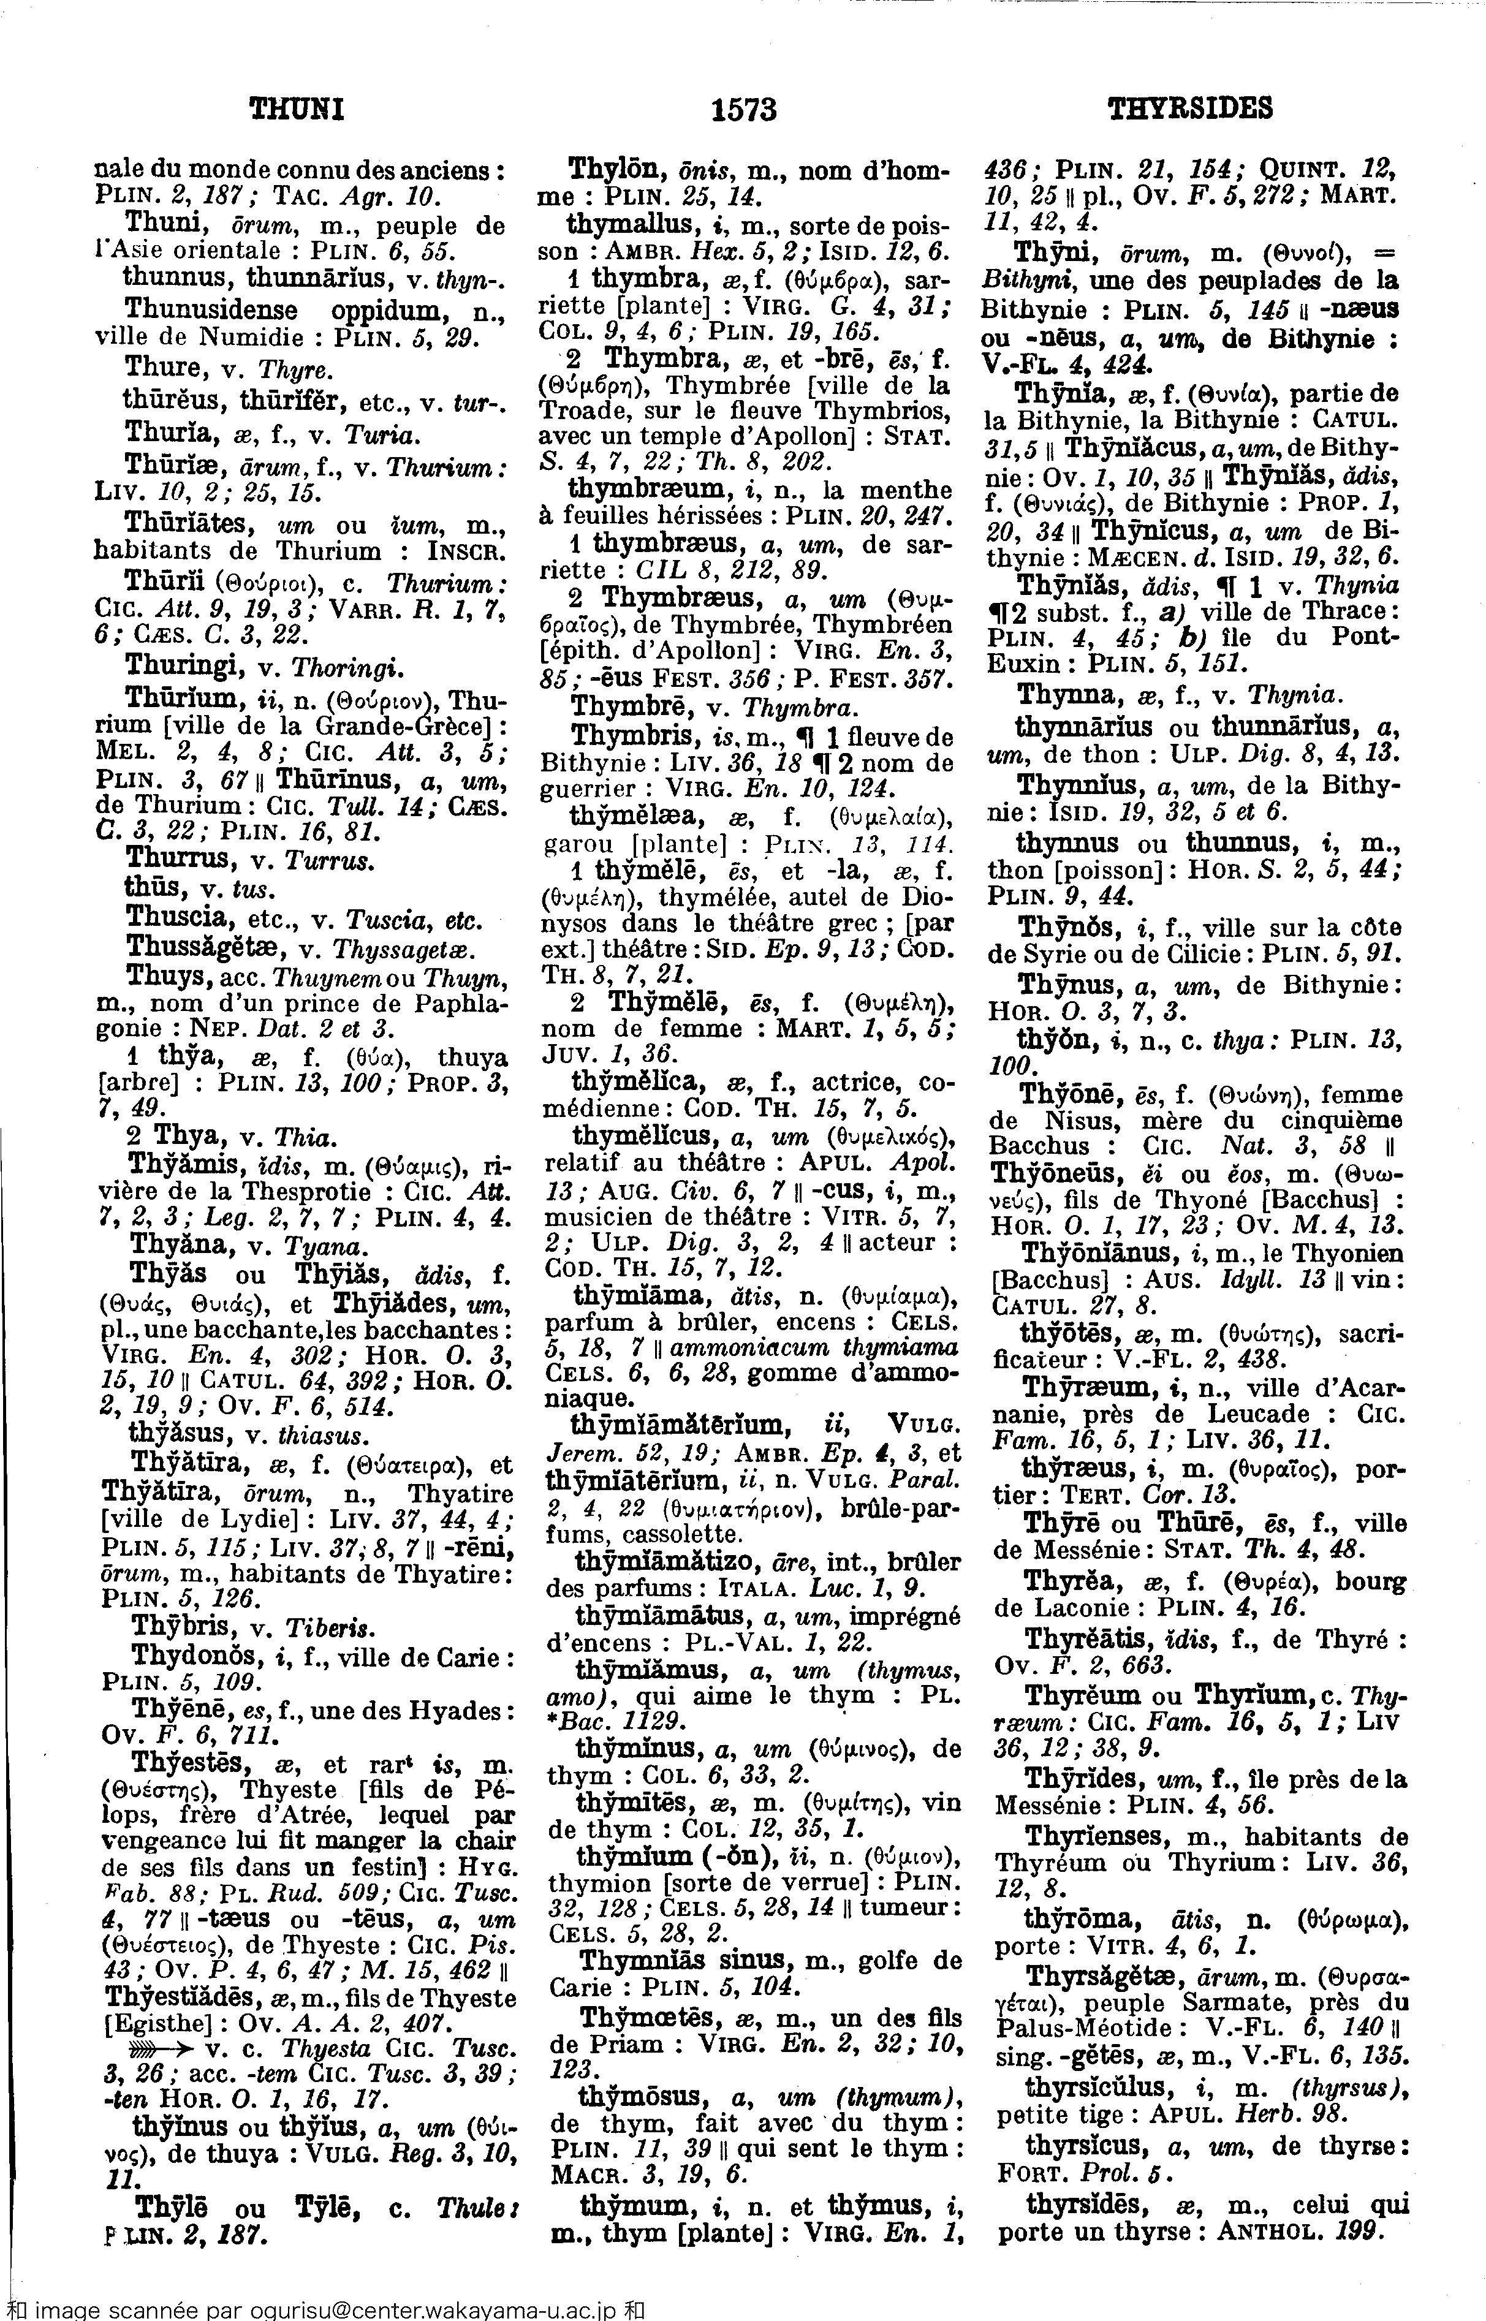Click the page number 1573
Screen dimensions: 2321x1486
tap(743, 110)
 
